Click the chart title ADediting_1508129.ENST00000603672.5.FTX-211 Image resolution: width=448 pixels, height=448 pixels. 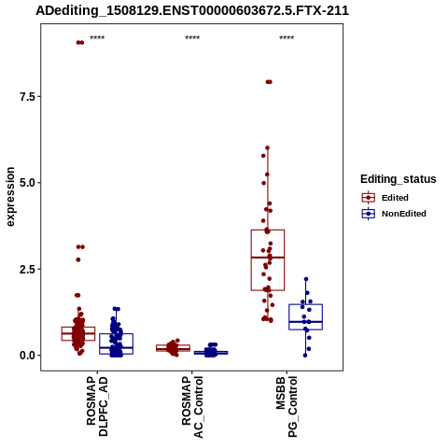(192, 10)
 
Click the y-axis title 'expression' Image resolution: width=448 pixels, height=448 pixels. (10, 197)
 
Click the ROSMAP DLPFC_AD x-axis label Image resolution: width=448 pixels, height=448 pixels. (97, 406)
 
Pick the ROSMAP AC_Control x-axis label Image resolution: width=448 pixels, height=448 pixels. (192, 407)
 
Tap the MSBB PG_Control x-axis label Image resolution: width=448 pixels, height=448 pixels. (287, 407)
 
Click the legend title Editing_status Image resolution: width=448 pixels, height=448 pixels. (399, 179)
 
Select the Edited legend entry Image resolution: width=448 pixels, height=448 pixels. (385, 198)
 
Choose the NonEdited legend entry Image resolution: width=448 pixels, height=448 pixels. (394, 214)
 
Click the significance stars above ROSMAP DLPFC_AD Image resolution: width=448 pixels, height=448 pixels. (97, 38)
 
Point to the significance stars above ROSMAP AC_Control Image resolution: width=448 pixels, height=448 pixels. (192, 38)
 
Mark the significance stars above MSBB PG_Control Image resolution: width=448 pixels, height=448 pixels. (287, 38)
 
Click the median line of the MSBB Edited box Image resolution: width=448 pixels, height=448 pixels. (268, 258)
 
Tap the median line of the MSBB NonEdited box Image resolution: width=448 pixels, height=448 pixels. (305, 322)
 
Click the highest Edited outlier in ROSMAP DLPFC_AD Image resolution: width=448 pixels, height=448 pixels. (80, 43)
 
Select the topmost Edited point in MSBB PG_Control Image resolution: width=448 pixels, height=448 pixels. (269, 82)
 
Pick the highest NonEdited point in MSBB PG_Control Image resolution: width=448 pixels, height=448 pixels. (306, 279)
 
